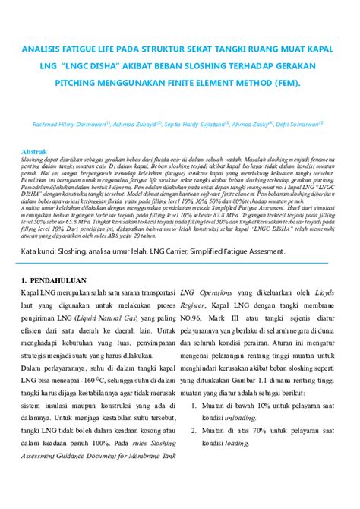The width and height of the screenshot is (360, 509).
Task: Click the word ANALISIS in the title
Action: tap(45, 51)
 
